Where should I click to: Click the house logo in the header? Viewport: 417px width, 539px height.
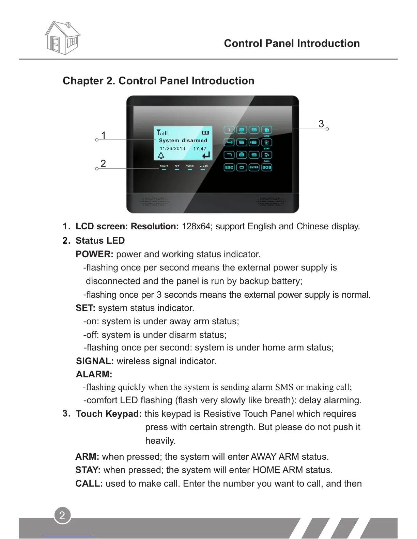click(x=63, y=38)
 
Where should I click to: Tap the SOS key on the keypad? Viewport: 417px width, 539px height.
click(x=267, y=167)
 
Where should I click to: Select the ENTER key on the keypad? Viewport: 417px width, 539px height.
click(x=254, y=167)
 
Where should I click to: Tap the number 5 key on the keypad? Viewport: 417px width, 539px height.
click(x=242, y=143)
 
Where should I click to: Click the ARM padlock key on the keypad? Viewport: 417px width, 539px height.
click(x=267, y=130)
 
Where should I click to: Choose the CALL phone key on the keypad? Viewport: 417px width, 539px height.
click(x=267, y=155)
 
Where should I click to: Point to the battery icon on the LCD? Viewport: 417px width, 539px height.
click(x=205, y=132)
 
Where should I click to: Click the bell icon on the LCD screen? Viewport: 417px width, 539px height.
click(x=161, y=156)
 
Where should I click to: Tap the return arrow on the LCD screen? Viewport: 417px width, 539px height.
click(x=206, y=156)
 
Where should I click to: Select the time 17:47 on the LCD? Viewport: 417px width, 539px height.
click(x=200, y=149)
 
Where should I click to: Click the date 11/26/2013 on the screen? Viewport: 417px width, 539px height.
click(x=172, y=149)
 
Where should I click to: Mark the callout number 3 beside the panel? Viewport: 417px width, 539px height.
click(x=321, y=124)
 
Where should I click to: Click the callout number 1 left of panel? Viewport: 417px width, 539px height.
click(x=104, y=135)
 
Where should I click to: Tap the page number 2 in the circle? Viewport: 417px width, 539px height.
click(x=62, y=515)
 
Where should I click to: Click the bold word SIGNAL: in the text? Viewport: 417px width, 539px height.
click(x=95, y=361)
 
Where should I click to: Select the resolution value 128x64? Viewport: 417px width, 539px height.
click(x=196, y=227)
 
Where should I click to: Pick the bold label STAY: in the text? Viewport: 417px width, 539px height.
click(x=88, y=470)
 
